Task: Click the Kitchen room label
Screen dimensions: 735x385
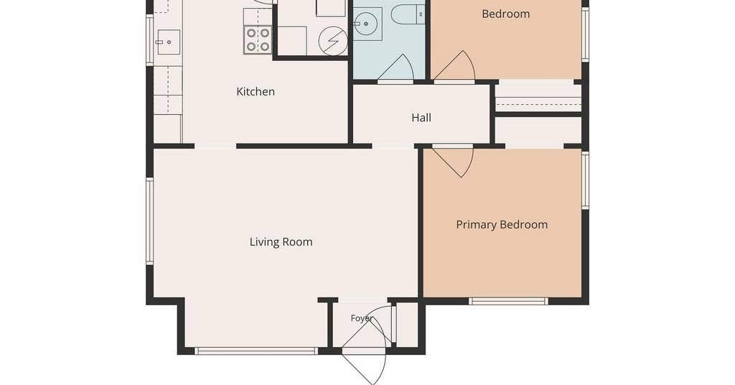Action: click(x=256, y=91)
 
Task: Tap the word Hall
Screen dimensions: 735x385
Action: click(x=421, y=118)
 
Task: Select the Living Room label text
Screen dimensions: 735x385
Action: click(x=281, y=242)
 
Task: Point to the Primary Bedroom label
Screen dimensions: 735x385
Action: click(x=502, y=225)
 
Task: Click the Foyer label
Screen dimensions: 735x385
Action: click(x=362, y=318)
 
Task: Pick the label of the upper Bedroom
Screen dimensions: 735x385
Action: click(x=506, y=14)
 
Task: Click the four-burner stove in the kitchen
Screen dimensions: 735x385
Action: click(x=258, y=40)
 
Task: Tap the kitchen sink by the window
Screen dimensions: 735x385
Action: click(x=168, y=42)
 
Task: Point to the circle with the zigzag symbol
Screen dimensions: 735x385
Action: click(x=333, y=41)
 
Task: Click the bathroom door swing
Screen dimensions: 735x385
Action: click(x=395, y=68)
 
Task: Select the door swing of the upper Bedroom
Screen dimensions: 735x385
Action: click(x=454, y=65)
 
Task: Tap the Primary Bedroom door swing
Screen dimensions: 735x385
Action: click(x=453, y=162)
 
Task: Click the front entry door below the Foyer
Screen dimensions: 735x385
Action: click(x=364, y=368)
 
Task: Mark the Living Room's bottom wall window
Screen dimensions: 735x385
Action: click(x=256, y=351)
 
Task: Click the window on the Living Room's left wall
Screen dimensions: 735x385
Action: click(x=150, y=221)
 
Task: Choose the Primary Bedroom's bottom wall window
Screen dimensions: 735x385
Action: click(x=509, y=300)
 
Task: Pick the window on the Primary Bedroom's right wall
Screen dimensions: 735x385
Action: click(x=585, y=180)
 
